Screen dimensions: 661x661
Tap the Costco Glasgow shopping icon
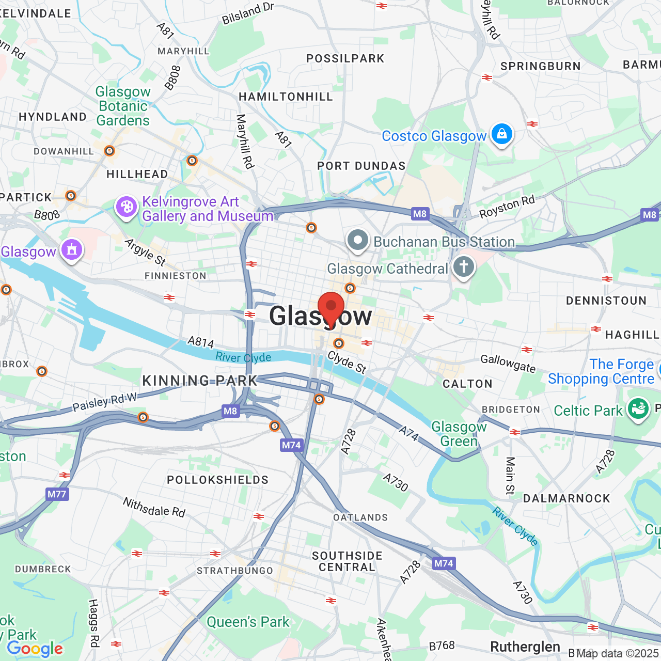(501, 134)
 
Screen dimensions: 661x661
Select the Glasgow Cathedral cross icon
(464, 267)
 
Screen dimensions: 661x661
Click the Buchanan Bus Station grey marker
(357, 241)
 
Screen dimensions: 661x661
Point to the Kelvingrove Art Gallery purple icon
(127, 208)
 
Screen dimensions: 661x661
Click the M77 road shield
(57, 494)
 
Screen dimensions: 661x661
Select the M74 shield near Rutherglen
(444, 563)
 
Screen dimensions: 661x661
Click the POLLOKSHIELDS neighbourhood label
(217, 480)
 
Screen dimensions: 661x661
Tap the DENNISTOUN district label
(606, 301)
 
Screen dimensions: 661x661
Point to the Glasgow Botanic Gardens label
(123, 106)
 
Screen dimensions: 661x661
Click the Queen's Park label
(248, 622)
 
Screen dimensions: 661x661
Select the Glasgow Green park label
(459, 434)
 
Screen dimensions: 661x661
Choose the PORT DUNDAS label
(361, 166)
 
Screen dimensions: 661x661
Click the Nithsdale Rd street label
(154, 507)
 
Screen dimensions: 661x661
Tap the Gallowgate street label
(508, 363)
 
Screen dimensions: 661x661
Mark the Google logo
(35, 649)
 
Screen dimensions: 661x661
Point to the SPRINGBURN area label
(541, 66)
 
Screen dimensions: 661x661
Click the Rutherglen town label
(525, 647)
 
